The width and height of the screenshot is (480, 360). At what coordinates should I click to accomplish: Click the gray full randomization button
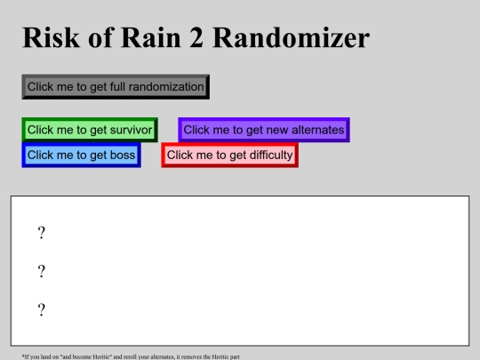click(116, 86)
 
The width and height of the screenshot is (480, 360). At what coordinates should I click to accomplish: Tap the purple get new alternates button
click(263, 130)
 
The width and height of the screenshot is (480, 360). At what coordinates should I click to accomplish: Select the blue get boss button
click(81, 155)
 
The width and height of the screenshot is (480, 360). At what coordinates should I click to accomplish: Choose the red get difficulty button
click(229, 155)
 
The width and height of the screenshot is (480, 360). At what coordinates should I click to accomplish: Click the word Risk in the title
click(51, 38)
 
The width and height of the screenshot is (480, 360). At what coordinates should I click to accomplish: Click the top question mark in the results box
click(41, 233)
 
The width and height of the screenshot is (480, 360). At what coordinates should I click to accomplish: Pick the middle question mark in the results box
click(41, 271)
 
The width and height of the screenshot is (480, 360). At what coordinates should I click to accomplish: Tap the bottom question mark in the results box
click(41, 309)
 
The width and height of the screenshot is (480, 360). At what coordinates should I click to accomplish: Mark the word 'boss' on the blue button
click(122, 155)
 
